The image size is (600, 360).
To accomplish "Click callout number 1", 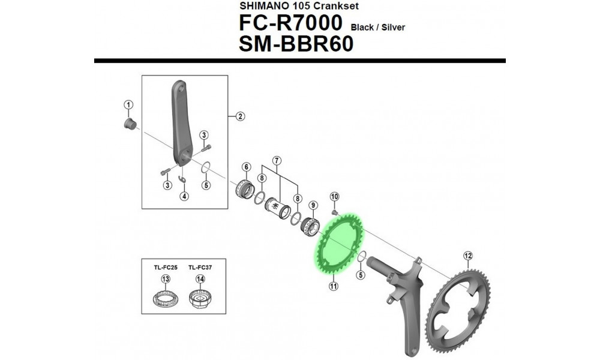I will [x=128, y=105].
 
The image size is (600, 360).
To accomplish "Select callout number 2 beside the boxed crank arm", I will [x=239, y=116].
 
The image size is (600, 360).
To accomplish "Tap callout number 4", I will [x=184, y=196].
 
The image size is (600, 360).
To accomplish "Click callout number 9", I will [x=313, y=205].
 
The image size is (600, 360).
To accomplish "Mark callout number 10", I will [x=334, y=196].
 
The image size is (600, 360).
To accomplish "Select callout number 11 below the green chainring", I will [x=333, y=287].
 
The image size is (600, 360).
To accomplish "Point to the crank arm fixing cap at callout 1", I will [x=127, y=124].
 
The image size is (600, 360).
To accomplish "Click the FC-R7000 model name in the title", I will [x=291, y=24].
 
